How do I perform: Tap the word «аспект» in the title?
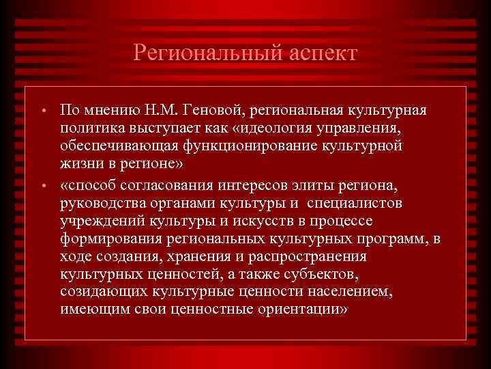[x=316, y=53]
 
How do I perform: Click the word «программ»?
[x=394, y=239]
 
